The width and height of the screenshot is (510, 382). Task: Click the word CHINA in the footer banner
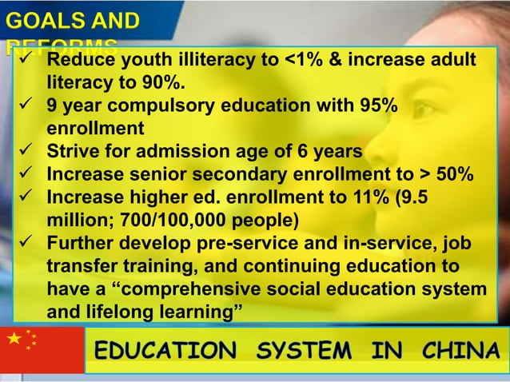460,350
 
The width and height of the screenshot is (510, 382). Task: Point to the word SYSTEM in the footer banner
307,350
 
